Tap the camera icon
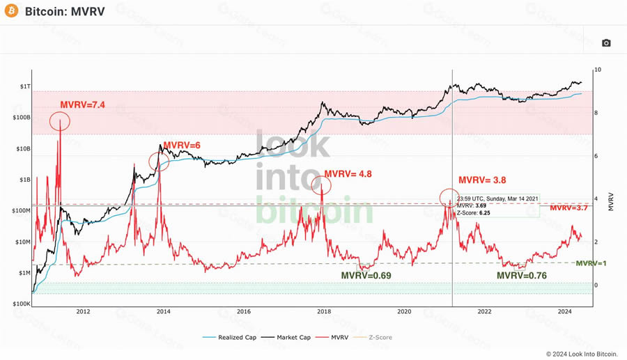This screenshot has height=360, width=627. (x=606, y=43)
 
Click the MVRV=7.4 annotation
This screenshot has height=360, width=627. (x=82, y=105)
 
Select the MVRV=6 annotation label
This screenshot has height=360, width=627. (x=182, y=145)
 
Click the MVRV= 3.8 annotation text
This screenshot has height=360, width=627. (x=481, y=180)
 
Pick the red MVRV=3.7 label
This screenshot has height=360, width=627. (x=569, y=208)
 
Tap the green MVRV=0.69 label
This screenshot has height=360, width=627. (x=366, y=276)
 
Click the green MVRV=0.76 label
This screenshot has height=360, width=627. (x=521, y=276)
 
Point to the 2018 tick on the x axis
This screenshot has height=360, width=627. (x=324, y=312)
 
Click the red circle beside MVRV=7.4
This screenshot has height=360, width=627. (x=61, y=123)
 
